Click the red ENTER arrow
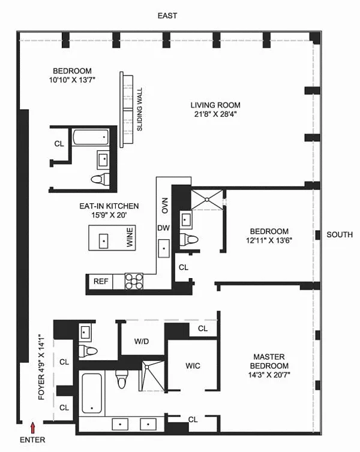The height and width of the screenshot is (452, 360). pos(33,428)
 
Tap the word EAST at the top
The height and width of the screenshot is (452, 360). pos(167,16)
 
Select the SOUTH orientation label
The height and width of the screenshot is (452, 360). pos(340,234)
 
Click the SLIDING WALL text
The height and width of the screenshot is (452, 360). pos(140,109)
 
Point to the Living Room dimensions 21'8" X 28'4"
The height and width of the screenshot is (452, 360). pos(215,114)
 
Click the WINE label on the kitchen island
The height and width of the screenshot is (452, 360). pos(130,237)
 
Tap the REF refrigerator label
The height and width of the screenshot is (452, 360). pos(101,281)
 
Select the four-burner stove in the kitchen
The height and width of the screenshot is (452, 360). pos(134,281)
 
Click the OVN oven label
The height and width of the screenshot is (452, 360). pos(165,205)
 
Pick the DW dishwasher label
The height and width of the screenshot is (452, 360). pos(164,228)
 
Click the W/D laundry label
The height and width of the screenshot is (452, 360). pos(142,342)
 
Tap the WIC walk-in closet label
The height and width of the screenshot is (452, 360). pos(193,366)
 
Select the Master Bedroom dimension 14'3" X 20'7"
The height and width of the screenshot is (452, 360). pos(269,375)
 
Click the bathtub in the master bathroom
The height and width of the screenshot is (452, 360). pos(92,393)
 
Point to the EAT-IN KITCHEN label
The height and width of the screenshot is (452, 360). pos(109,206)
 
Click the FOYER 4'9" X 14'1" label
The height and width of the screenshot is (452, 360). pos(41,367)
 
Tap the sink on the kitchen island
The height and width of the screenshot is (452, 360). pos(103,241)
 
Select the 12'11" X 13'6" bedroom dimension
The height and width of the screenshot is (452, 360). pos(269,240)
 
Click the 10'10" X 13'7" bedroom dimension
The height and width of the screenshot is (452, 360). pos(72,80)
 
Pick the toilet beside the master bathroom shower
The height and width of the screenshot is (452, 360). pos(121,379)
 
